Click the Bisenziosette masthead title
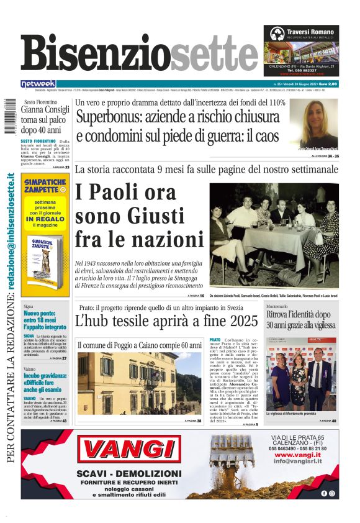[x=139, y=53]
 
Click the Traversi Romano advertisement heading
[x=310, y=32]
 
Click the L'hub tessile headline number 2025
[x=241, y=321]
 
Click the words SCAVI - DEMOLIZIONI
[x=130, y=474]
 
